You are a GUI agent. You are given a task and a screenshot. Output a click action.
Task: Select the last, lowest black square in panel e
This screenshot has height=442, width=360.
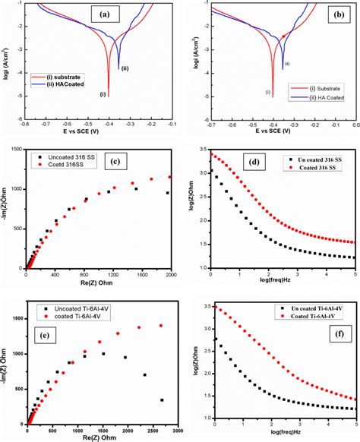[162, 399]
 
